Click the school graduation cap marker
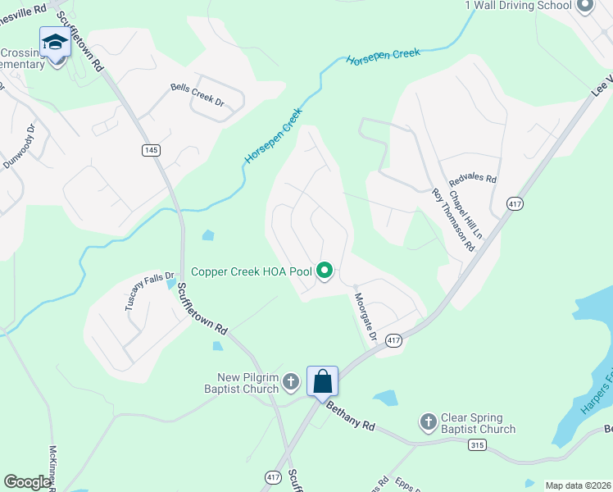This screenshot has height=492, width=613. point(55,42)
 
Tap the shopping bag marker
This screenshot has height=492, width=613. point(323,380)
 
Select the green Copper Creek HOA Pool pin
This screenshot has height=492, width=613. point(325,270)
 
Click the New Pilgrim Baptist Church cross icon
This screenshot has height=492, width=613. point(290,381)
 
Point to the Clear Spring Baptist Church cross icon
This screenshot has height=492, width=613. point(428,422)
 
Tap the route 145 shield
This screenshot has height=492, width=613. point(150,149)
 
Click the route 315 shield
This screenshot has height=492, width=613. point(477,444)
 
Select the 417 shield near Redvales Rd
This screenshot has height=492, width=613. point(515,203)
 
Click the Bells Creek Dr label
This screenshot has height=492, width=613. point(197,94)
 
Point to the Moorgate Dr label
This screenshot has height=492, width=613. point(365,317)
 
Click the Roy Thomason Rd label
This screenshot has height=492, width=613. point(453,219)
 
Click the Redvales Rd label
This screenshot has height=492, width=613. point(474,179)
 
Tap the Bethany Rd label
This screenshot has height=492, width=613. point(350,416)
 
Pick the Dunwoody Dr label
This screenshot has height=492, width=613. point(19,148)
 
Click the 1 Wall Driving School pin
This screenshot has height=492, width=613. point(584,7)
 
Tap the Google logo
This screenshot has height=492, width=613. point(28,482)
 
